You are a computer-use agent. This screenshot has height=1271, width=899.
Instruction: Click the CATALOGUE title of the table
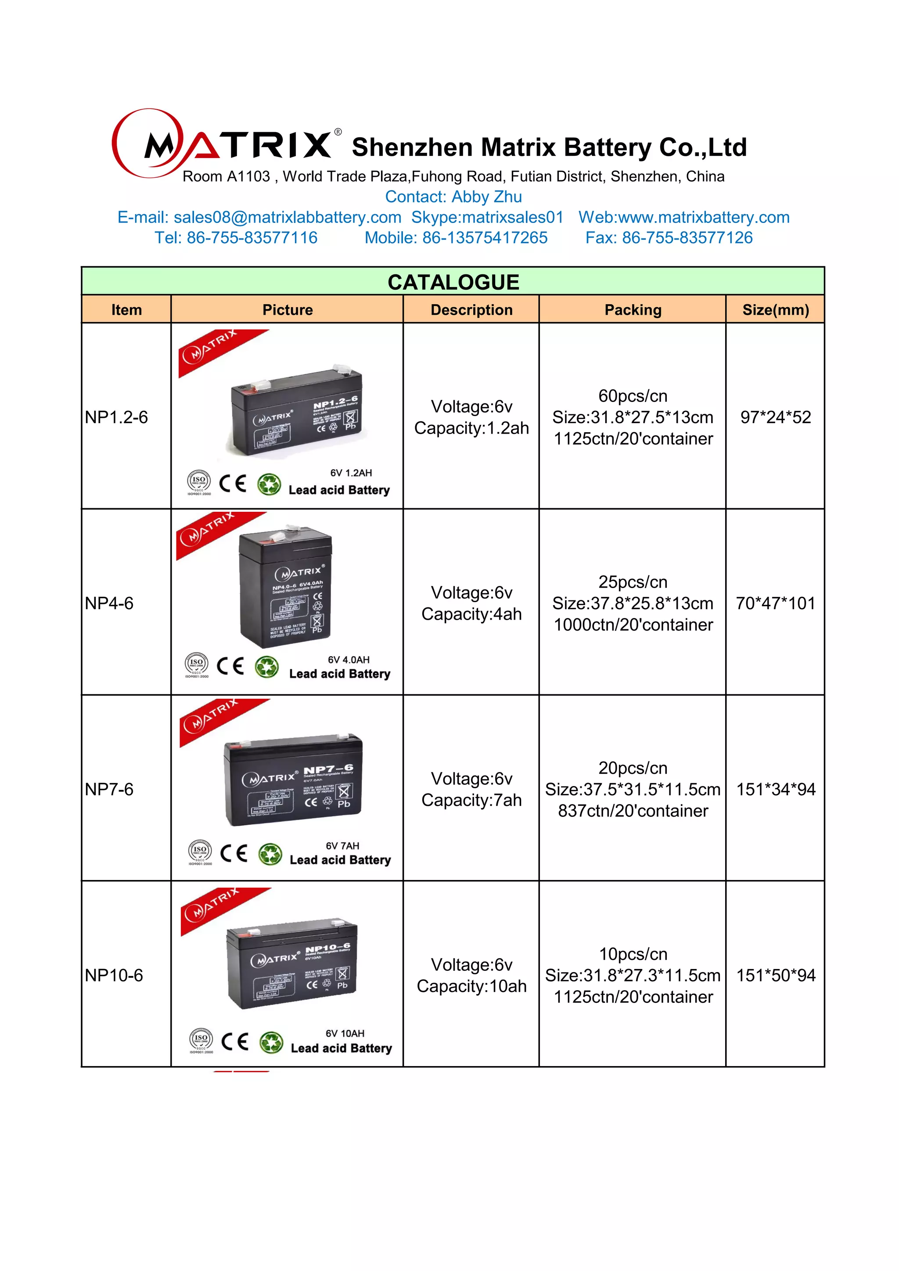[x=453, y=282]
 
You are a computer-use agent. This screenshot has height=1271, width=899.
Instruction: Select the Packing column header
[x=633, y=310]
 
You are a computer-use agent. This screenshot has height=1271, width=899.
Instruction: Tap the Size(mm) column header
[x=775, y=310]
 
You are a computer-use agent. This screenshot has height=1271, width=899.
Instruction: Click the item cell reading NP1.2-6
[x=117, y=417]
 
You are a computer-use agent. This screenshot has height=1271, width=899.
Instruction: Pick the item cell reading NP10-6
[x=114, y=975]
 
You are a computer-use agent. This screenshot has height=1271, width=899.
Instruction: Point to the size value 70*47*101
[x=775, y=603]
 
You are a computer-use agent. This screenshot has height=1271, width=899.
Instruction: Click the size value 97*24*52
[x=775, y=417]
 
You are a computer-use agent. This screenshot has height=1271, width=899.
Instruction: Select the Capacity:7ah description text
[x=471, y=800]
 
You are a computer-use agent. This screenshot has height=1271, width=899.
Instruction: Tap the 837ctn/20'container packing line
[x=633, y=811]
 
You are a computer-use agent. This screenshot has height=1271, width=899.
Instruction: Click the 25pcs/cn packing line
[x=633, y=582]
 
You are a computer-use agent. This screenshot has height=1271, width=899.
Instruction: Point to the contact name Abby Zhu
[x=486, y=197]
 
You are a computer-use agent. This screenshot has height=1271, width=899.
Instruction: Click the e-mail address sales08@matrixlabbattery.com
[x=288, y=217]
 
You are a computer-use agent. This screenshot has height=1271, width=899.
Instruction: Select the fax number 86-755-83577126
[x=687, y=237]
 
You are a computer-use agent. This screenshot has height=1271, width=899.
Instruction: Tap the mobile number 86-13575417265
[x=485, y=237]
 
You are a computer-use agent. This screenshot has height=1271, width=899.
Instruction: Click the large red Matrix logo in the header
[x=221, y=144]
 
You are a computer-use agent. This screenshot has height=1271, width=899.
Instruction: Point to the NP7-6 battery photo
[x=293, y=780]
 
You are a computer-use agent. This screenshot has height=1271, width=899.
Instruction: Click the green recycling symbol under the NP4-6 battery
[x=267, y=667]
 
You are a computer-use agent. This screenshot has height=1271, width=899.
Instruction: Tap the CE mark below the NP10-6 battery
[x=235, y=1041]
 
